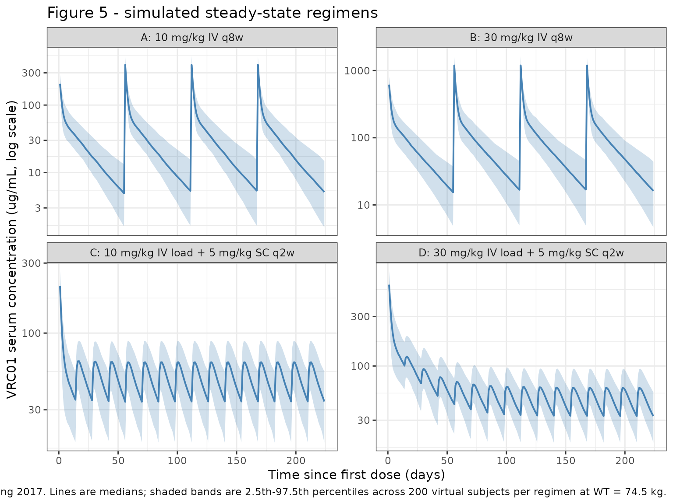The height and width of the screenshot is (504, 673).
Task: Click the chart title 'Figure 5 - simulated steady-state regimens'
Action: tap(212, 13)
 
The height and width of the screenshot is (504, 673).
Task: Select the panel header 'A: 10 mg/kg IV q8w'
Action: tap(192, 38)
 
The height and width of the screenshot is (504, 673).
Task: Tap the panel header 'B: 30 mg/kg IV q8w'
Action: tap(521, 38)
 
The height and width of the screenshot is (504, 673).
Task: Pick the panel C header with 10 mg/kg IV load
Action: tap(192, 253)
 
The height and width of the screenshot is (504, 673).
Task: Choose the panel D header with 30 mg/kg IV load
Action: tap(521, 253)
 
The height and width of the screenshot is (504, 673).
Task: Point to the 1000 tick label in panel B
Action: tap(357, 71)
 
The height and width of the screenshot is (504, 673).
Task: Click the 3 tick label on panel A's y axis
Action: tap(38, 208)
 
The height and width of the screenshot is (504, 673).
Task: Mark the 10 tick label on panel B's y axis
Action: tap(363, 205)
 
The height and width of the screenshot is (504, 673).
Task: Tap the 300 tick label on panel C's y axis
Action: tap(31, 263)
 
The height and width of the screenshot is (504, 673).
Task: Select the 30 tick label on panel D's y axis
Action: tap(363, 420)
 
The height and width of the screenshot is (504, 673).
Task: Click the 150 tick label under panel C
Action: tap(237, 461)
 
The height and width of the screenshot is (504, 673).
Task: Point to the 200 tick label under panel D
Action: tap(625, 461)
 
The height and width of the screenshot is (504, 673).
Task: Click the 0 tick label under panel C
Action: tap(59, 461)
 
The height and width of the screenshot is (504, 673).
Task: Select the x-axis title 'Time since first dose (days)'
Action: tap(356, 475)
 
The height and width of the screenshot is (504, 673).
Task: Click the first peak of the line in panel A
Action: tap(125, 65)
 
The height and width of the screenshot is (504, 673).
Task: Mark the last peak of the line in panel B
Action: tap(587, 66)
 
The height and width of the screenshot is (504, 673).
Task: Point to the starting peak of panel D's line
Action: tap(389, 285)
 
